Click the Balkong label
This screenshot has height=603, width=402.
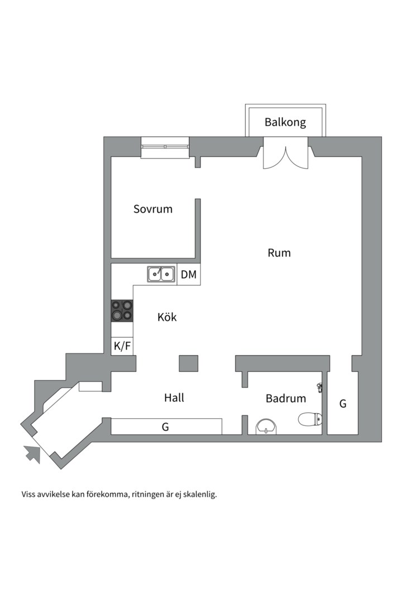pos(285,122)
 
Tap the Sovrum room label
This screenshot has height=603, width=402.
pos(153,209)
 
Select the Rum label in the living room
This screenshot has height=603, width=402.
pos(279,253)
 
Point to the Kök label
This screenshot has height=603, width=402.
pos(167,317)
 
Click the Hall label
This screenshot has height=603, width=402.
pos(174,398)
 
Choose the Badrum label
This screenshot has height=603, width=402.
pos(285,398)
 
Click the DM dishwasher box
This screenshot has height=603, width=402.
pos(189,275)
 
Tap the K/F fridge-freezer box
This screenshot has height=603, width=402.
pos(122,346)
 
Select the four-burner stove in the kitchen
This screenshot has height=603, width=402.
pos(122,311)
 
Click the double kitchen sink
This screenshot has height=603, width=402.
pos(161,274)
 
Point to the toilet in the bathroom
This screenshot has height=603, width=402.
pos(310,419)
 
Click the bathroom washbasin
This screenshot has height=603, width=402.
pos(266,427)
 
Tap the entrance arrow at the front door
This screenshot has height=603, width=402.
pos(32,454)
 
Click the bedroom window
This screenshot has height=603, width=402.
pos(165,147)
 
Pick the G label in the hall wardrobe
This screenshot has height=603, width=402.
pos(165,427)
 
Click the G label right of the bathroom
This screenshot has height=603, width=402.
pos(343,404)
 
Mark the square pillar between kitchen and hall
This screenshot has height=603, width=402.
pos(189,363)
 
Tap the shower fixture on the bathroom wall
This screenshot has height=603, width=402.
pos(319,387)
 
